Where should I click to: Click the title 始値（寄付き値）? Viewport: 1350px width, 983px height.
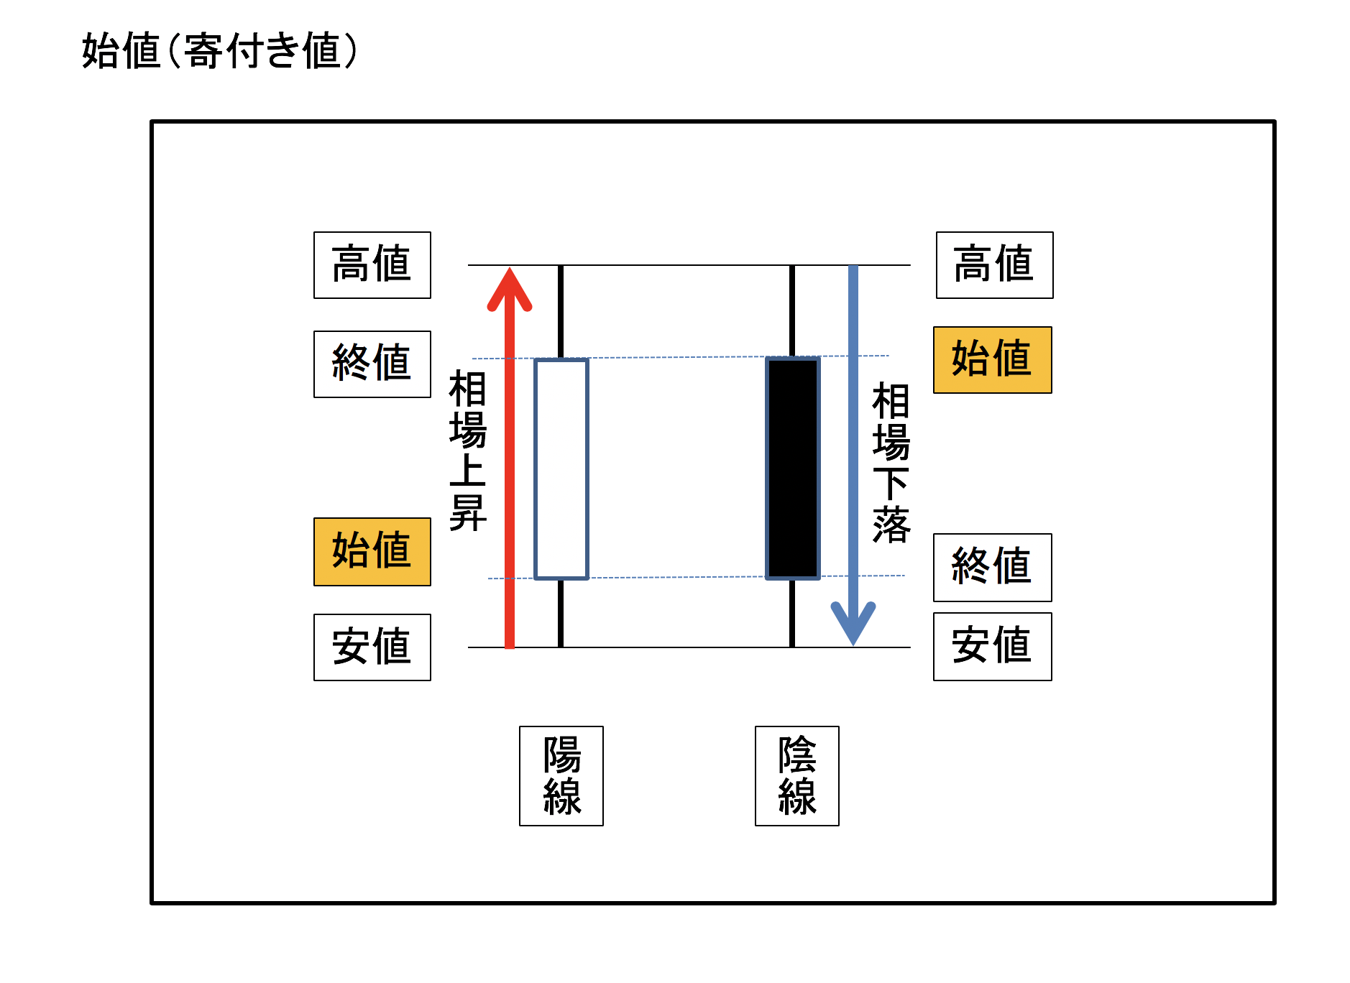click(219, 51)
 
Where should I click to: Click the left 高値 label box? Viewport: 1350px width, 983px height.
click(372, 264)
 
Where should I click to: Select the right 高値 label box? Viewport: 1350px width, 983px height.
click(994, 264)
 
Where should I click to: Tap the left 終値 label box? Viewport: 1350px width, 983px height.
click(372, 364)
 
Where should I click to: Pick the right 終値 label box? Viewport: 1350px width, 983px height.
click(992, 567)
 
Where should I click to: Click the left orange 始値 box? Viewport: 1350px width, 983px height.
click(372, 551)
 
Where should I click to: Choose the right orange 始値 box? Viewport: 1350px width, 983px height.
click(992, 359)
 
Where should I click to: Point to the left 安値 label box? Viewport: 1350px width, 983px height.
click(372, 647)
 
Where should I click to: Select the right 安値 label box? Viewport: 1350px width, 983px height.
click(992, 646)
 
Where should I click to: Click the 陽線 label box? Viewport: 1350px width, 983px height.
click(561, 775)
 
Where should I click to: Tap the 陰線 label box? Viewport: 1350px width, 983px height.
click(796, 775)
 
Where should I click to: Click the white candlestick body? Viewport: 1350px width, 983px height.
click(561, 469)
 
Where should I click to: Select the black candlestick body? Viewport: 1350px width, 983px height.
click(793, 468)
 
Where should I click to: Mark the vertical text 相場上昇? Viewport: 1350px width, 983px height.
click(467, 451)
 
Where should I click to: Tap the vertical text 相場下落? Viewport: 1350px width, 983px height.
click(891, 463)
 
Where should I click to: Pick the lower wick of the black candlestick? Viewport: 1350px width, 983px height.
click(792, 613)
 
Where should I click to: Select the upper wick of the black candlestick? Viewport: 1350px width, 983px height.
click(792, 310)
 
